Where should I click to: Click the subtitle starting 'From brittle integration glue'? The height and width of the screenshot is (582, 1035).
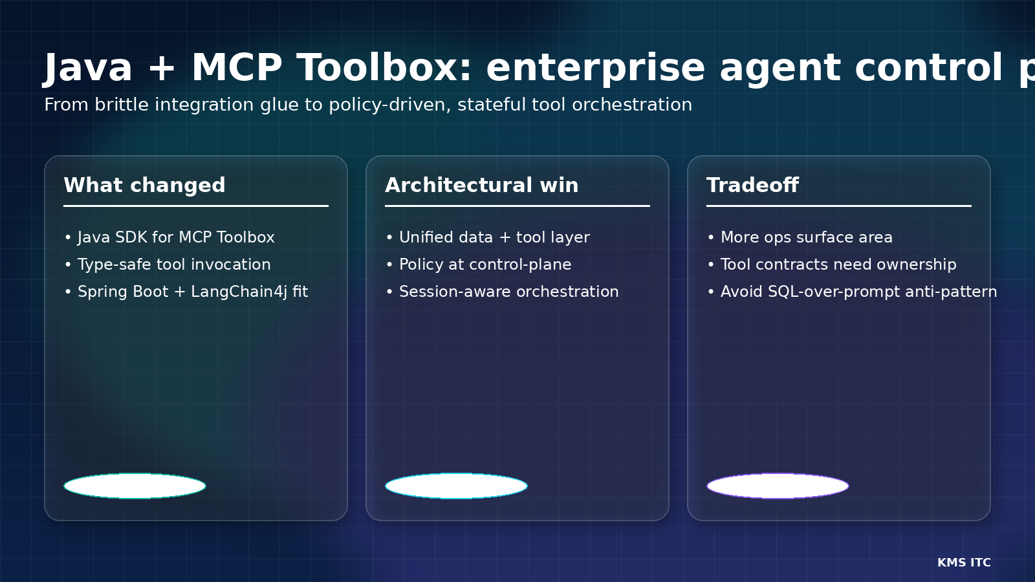coord(367,105)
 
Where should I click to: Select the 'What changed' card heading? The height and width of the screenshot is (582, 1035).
coord(144,186)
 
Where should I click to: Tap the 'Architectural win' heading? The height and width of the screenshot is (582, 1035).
coord(481,186)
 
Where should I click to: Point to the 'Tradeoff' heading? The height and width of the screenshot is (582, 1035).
coord(752,186)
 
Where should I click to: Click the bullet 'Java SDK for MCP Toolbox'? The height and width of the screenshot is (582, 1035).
coord(175,237)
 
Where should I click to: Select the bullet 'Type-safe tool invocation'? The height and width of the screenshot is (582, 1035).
coord(173,264)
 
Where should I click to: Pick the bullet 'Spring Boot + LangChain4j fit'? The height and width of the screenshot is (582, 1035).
coord(192,292)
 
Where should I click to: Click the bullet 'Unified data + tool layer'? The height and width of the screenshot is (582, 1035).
coord(494,237)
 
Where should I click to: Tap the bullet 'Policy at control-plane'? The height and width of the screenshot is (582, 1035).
coord(485,264)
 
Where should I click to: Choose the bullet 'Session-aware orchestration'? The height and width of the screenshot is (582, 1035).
coord(508,292)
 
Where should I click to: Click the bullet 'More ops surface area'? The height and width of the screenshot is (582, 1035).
coord(806,237)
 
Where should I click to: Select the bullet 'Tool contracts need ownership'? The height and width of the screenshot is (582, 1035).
coord(838,264)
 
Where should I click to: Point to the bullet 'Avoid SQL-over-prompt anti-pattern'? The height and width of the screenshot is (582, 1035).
coord(858,292)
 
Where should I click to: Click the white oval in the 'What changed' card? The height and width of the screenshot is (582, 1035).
coord(135,486)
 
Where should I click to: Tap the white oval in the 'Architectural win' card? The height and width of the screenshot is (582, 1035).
coord(456,486)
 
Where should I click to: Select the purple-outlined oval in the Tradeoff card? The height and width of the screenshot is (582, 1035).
coord(778,486)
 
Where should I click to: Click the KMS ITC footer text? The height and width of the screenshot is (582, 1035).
coord(964,563)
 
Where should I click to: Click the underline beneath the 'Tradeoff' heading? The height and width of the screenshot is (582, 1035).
coord(838,206)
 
